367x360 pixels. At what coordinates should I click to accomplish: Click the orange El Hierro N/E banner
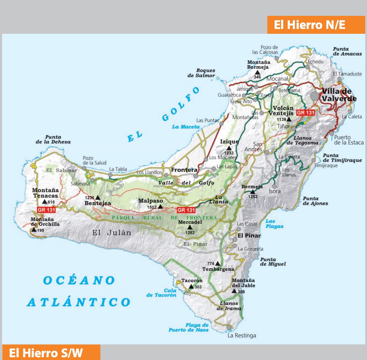pos(316,25)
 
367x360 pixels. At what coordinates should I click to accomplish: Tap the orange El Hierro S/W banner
pos(51,352)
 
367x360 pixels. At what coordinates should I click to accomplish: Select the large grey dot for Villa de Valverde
pos(315,96)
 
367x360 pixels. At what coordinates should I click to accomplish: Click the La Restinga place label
pos(242,335)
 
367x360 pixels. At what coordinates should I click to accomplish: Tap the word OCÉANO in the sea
pos(79,280)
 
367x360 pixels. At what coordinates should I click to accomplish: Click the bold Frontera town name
pos(184,170)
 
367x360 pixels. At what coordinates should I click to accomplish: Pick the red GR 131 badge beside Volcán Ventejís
pos(306,112)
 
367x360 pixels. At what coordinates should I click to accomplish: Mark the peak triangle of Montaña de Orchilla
pos(33,229)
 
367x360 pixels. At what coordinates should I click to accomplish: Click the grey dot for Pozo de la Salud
pos(84,168)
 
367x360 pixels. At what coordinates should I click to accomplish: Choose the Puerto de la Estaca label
pos(348,140)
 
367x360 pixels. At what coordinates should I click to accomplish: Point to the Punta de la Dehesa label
pos(53,139)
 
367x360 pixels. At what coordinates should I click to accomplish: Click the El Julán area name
pos(111,233)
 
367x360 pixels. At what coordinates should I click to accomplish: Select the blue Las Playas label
pos(275,224)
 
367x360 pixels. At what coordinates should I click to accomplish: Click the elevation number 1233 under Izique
pos(229,153)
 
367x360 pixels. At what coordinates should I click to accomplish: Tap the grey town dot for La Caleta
pos(350,111)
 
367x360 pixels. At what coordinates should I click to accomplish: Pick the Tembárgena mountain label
pos(218,269)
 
